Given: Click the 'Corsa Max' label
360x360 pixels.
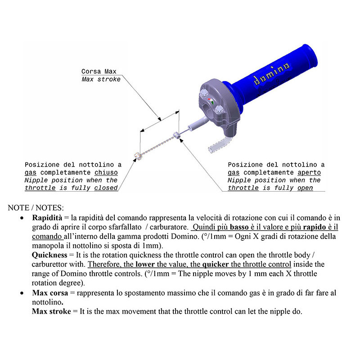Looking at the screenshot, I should point(99,72).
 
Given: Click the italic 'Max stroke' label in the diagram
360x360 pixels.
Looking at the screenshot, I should point(101,79).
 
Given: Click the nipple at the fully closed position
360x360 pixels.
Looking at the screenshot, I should point(136,156).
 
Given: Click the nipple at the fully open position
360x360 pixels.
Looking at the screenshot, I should point(176,135).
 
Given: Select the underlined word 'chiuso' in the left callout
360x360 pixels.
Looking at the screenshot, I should point(106,172).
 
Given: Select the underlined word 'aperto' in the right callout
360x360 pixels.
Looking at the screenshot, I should point(309,172).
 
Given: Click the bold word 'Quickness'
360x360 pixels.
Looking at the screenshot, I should point(49,255).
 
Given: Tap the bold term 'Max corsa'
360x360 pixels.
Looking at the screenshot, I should point(50,292).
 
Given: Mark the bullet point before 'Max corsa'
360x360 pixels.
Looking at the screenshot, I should point(22,293).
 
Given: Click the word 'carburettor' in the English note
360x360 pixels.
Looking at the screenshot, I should point(53,264).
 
